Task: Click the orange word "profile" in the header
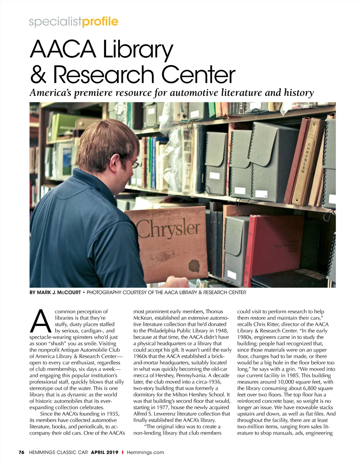100,22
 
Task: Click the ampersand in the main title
38,75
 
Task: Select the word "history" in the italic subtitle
299,93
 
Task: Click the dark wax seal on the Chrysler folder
194,266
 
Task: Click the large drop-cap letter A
40,322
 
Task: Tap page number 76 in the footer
21,452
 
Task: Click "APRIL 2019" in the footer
105,452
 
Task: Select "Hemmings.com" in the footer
145,452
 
